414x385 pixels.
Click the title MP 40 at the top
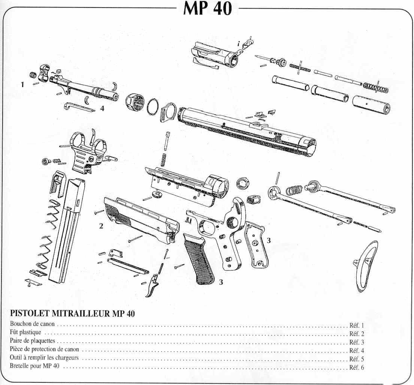point(207,8)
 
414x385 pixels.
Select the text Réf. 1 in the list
point(356,326)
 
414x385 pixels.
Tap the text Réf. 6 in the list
point(356,368)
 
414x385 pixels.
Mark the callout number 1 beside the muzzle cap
point(22,85)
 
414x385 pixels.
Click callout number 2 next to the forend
point(101,226)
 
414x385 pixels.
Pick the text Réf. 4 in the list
point(356,351)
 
